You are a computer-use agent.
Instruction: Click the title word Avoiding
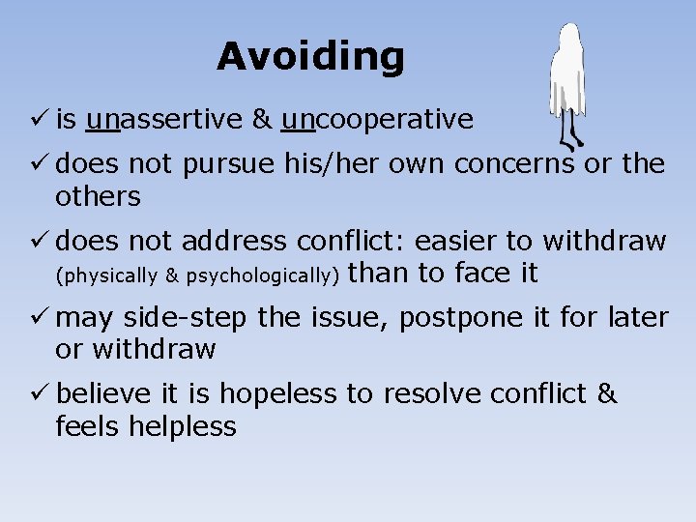click(310, 57)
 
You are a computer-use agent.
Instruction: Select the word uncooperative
click(377, 119)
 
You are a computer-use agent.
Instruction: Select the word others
click(98, 196)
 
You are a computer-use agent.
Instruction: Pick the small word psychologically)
click(262, 275)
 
